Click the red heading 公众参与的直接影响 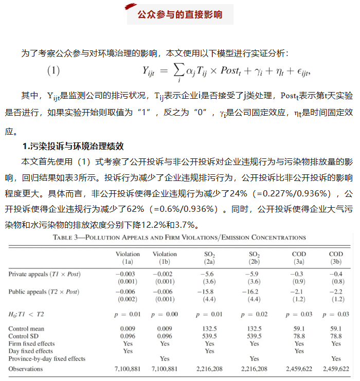pos(180,14)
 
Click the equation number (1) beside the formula pos(53,71)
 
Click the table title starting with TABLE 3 pos(179,238)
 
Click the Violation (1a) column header pos(128,258)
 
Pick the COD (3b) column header pos(336,258)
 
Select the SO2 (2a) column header pos(209,258)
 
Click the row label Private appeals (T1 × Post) pos(44,274)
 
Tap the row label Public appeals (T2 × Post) pos(44,292)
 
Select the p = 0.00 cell pos(165,314)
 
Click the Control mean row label pos(26,329)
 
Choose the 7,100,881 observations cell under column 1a pos(128,369)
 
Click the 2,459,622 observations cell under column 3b pos(336,369)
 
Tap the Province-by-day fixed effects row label pos(47,358)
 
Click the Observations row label pos(26,369)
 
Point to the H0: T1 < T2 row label pos(26,314)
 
